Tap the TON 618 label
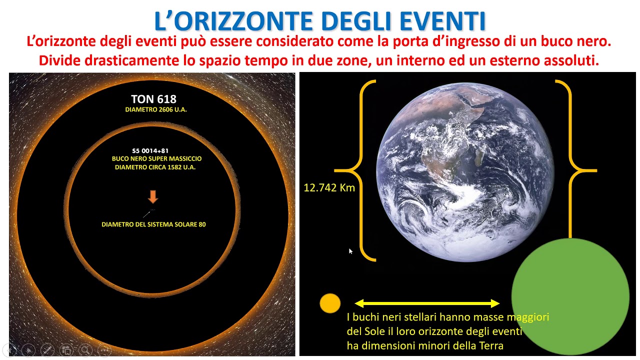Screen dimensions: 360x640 click(x=153, y=99)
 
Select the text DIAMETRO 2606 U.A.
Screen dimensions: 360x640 click(x=156, y=109)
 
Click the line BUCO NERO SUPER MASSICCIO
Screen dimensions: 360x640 click(x=156, y=158)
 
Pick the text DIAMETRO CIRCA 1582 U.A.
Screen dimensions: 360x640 click(x=155, y=167)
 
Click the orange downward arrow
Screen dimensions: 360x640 click(x=153, y=196)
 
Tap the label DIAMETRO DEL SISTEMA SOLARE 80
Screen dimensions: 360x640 click(x=153, y=224)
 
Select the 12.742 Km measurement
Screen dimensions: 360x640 click(x=329, y=188)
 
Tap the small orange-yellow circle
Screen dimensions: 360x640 click(x=330, y=303)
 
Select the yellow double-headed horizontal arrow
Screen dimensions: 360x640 click(x=427, y=303)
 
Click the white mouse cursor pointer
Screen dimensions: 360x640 click(x=350, y=251)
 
